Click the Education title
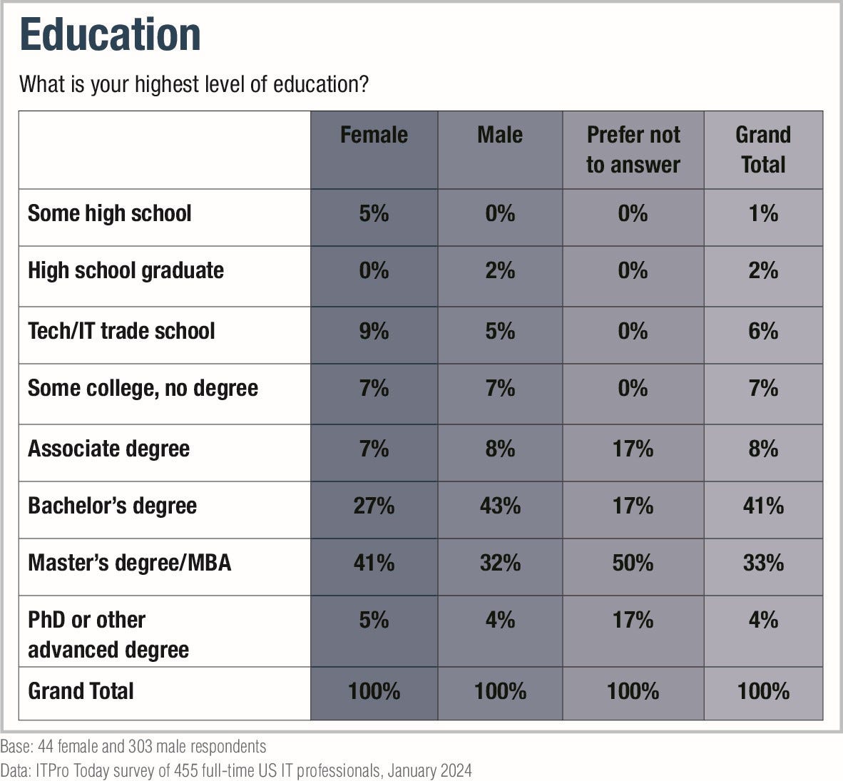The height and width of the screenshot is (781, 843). point(111,34)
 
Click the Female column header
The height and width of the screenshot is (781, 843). point(374,135)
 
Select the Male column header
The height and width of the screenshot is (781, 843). point(499,135)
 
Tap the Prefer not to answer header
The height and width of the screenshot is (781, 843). point(633,150)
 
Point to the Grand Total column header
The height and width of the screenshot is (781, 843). point(763,150)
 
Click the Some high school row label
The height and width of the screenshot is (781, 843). point(109,213)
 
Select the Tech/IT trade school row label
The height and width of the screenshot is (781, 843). point(121,331)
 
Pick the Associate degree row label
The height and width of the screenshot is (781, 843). point(108,449)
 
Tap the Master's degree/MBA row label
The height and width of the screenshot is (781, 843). point(129,563)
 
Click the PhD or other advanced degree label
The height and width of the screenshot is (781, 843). point(108,635)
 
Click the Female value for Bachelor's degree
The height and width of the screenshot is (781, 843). point(374,506)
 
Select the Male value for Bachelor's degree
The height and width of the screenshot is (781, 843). point(499,506)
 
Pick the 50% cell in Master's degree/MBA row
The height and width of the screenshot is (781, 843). point(633,563)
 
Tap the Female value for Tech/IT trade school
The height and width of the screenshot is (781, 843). point(374,331)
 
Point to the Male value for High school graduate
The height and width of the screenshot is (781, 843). point(499,270)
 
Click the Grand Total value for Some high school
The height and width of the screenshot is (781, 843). point(763,213)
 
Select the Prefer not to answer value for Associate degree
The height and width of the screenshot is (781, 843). point(633,449)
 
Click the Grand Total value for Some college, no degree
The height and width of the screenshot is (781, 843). point(763,388)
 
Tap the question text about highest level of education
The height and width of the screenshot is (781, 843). point(194,84)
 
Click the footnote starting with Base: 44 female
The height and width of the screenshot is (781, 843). point(133,746)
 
